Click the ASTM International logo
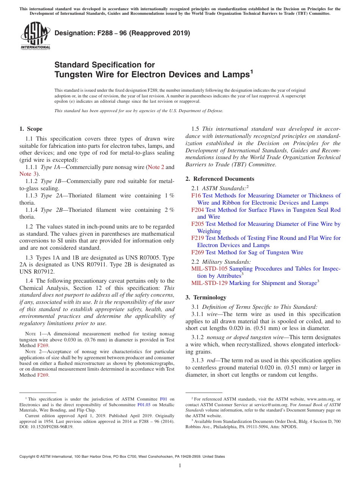35,36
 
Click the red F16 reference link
196,196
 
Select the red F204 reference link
197,210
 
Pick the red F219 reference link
197,238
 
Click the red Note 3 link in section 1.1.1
27,174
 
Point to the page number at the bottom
180,466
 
